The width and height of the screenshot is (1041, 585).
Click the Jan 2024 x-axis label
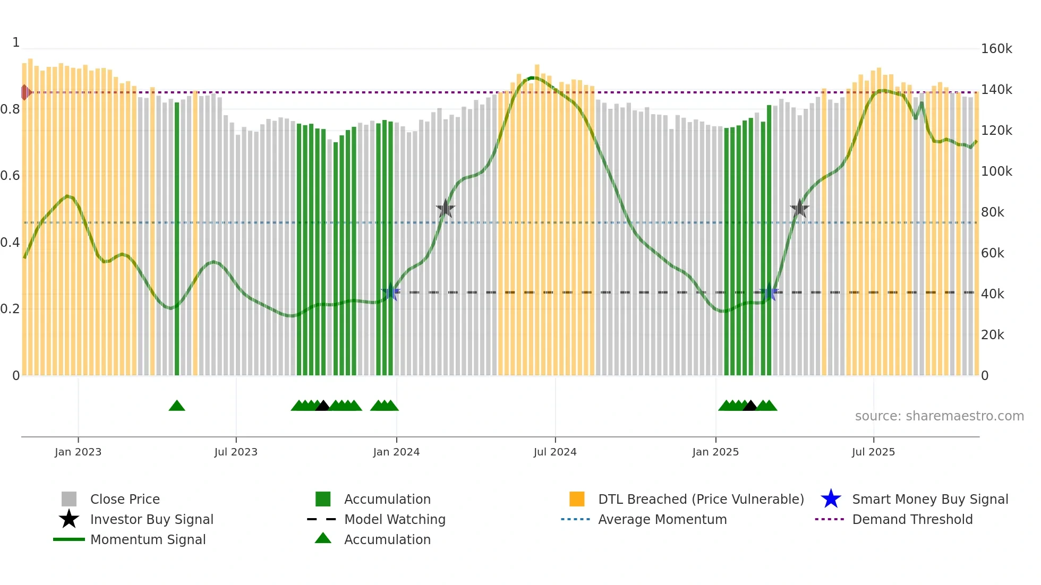point(396,452)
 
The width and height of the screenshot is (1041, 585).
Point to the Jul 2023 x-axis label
point(236,452)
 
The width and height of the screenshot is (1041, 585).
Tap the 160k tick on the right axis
point(996,49)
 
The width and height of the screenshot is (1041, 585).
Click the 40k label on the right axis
point(993,294)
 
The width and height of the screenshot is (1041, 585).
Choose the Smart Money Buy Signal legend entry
point(929,499)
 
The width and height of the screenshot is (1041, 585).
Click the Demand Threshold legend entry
point(912,519)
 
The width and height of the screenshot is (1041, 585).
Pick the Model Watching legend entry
point(394,519)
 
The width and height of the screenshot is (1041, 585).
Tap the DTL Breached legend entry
point(701,499)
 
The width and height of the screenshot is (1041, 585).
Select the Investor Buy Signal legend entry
point(151,519)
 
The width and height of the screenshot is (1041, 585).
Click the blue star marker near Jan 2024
point(391,291)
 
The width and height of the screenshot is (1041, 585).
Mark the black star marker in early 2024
point(445,209)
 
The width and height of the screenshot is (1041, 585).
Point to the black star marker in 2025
point(799,209)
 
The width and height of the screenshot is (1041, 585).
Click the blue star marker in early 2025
point(769,291)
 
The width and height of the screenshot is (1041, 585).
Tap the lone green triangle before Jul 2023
point(177,406)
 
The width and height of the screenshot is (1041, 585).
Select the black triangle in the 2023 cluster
point(322,406)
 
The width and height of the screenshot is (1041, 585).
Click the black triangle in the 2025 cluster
point(749,406)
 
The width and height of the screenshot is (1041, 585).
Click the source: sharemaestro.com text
point(939,416)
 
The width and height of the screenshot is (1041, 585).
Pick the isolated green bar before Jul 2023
point(177,239)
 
